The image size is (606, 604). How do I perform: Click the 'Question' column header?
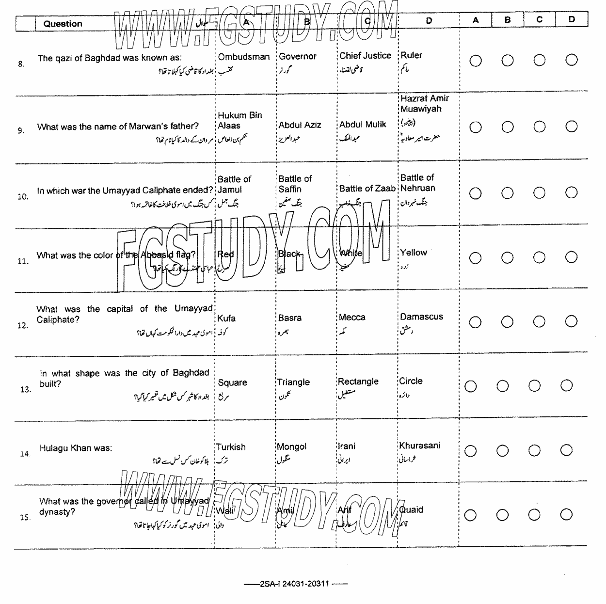63,24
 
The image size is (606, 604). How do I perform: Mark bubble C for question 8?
540,60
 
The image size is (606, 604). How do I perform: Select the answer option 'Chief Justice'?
365,56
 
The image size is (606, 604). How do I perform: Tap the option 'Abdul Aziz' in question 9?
300,125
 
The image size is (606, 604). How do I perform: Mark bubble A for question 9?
476,127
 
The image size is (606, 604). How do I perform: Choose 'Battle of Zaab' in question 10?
367,189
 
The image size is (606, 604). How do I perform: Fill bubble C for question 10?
540,193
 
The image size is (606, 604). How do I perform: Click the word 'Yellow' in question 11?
413,253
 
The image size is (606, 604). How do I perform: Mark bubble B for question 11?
508,258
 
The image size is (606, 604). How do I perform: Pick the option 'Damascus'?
421,317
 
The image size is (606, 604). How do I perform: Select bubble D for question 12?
572,322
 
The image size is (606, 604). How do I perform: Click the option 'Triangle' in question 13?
293,382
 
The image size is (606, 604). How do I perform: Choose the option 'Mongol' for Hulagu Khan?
291,446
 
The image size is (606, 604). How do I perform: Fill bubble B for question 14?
502,451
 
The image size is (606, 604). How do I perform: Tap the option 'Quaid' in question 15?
411,509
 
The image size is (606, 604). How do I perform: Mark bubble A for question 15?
470,515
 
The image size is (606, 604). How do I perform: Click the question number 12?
23,326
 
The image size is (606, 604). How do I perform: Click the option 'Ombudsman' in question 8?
244,57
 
